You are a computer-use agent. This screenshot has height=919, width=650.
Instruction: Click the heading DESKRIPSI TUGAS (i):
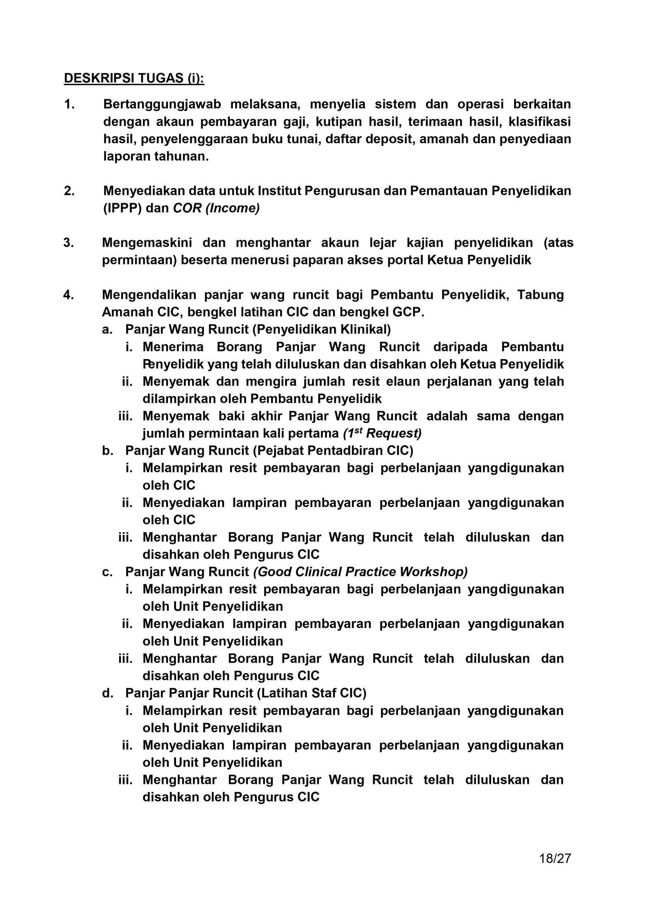tap(134, 78)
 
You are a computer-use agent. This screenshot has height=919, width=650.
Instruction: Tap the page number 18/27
tap(555, 858)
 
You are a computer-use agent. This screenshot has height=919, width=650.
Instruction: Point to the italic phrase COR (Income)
tap(216, 208)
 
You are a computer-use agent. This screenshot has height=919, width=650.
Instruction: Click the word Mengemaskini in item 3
tap(147, 243)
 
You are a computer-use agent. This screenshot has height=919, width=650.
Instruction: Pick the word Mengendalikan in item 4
tap(148, 295)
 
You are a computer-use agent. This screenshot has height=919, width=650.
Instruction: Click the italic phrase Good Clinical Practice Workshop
tap(360, 572)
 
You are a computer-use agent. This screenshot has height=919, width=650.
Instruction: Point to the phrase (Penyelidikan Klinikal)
tap(321, 329)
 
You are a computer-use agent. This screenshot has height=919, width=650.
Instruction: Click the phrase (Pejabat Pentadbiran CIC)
tap(333, 450)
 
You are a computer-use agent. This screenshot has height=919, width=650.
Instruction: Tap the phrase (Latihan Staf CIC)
tap(312, 693)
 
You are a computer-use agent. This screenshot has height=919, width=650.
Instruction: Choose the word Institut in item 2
tap(279, 191)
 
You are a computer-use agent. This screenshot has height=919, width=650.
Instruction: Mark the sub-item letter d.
tap(107, 693)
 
